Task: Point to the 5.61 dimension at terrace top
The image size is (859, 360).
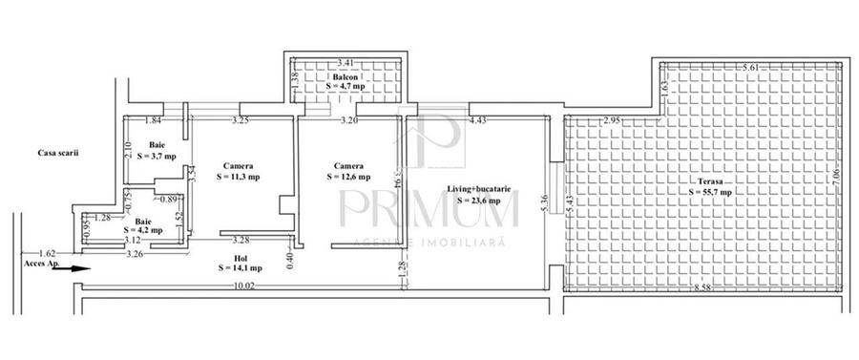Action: (754, 68)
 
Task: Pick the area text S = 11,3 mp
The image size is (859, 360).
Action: (238, 176)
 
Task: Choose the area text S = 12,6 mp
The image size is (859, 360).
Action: (345, 176)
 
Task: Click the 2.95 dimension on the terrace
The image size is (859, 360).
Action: (612, 120)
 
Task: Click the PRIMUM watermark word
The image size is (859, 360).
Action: (429, 209)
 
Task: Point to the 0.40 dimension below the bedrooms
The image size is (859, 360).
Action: (289, 256)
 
